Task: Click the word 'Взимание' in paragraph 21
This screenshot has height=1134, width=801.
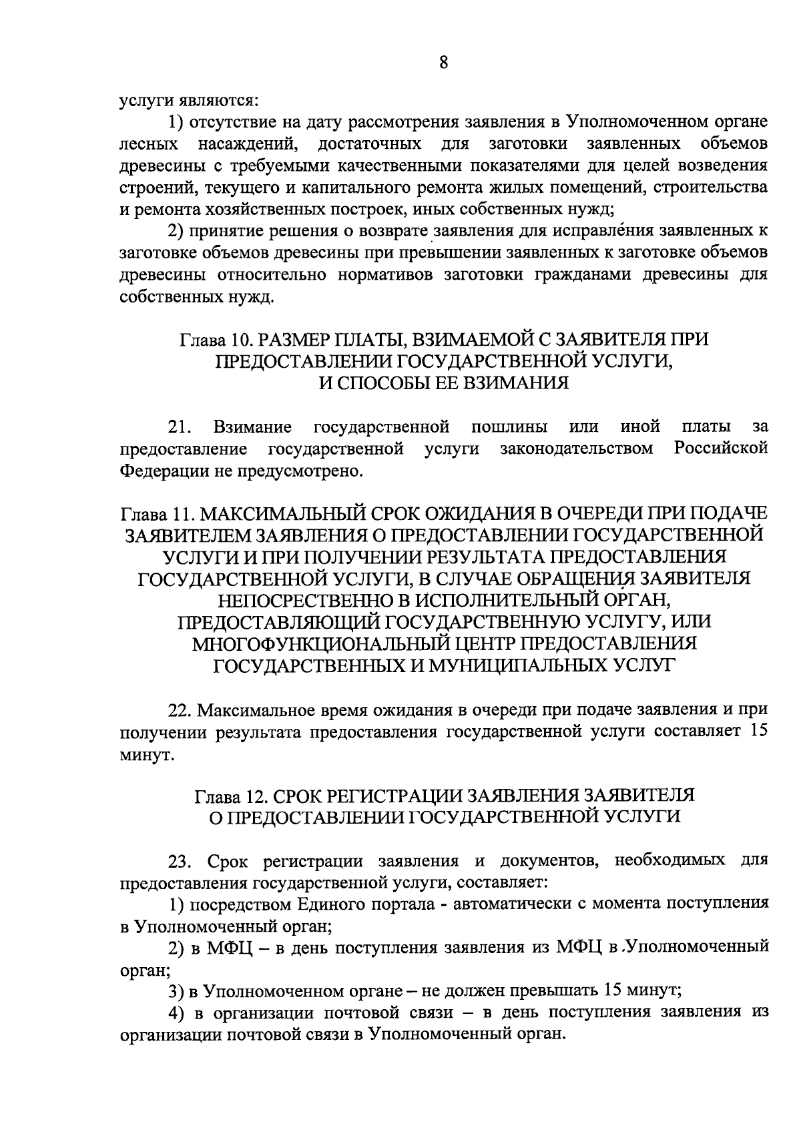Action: click(x=252, y=426)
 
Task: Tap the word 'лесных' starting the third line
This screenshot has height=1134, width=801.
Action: click(x=148, y=144)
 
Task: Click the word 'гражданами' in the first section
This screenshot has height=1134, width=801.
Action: click(x=591, y=275)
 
